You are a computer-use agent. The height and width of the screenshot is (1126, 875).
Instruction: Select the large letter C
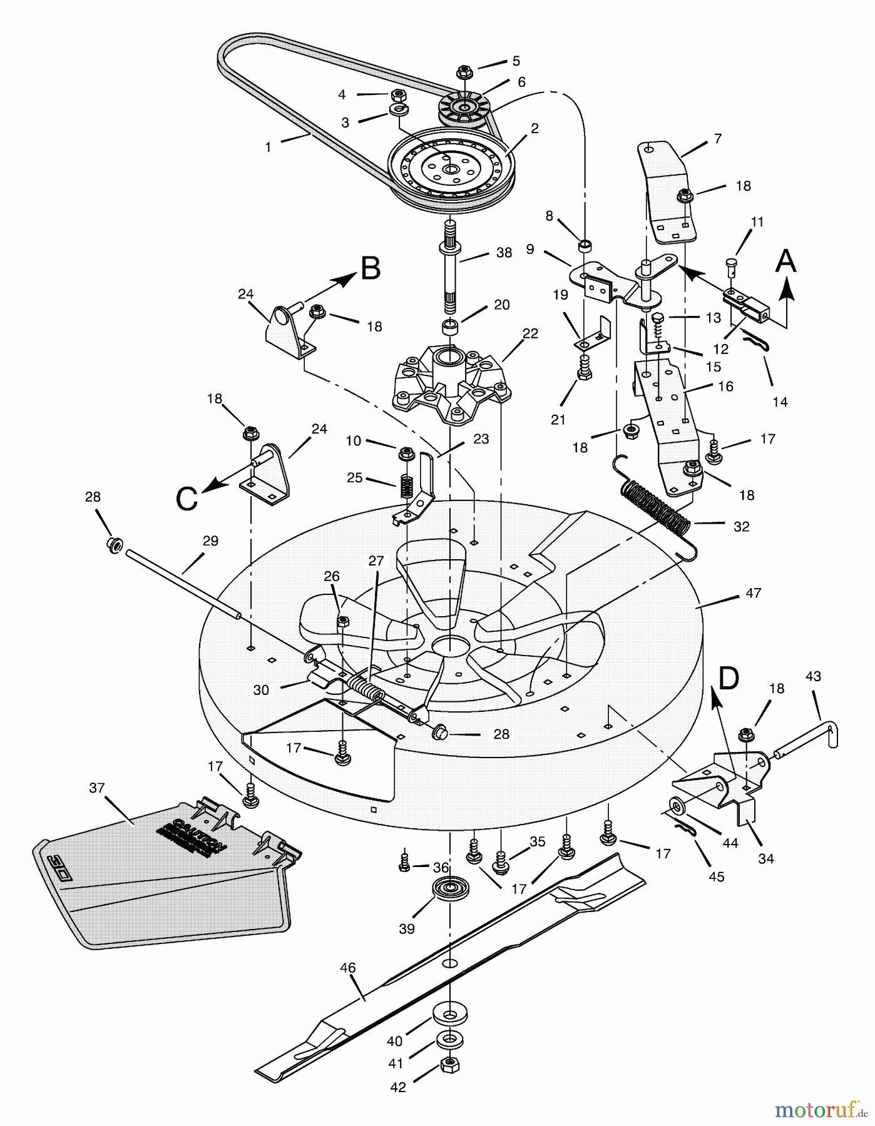[187, 499]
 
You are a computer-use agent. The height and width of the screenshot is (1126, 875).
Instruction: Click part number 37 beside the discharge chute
[96, 788]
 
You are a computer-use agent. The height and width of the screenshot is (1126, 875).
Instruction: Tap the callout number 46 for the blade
[347, 968]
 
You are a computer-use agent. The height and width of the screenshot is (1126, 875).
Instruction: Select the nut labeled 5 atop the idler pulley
[464, 71]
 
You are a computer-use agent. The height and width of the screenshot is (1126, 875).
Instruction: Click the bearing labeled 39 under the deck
[448, 888]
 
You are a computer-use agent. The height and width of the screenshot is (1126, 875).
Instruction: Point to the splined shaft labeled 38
[454, 269]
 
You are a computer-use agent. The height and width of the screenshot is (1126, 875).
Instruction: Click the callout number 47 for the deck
[753, 592]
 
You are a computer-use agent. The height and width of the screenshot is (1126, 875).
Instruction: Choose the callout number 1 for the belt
[269, 147]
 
